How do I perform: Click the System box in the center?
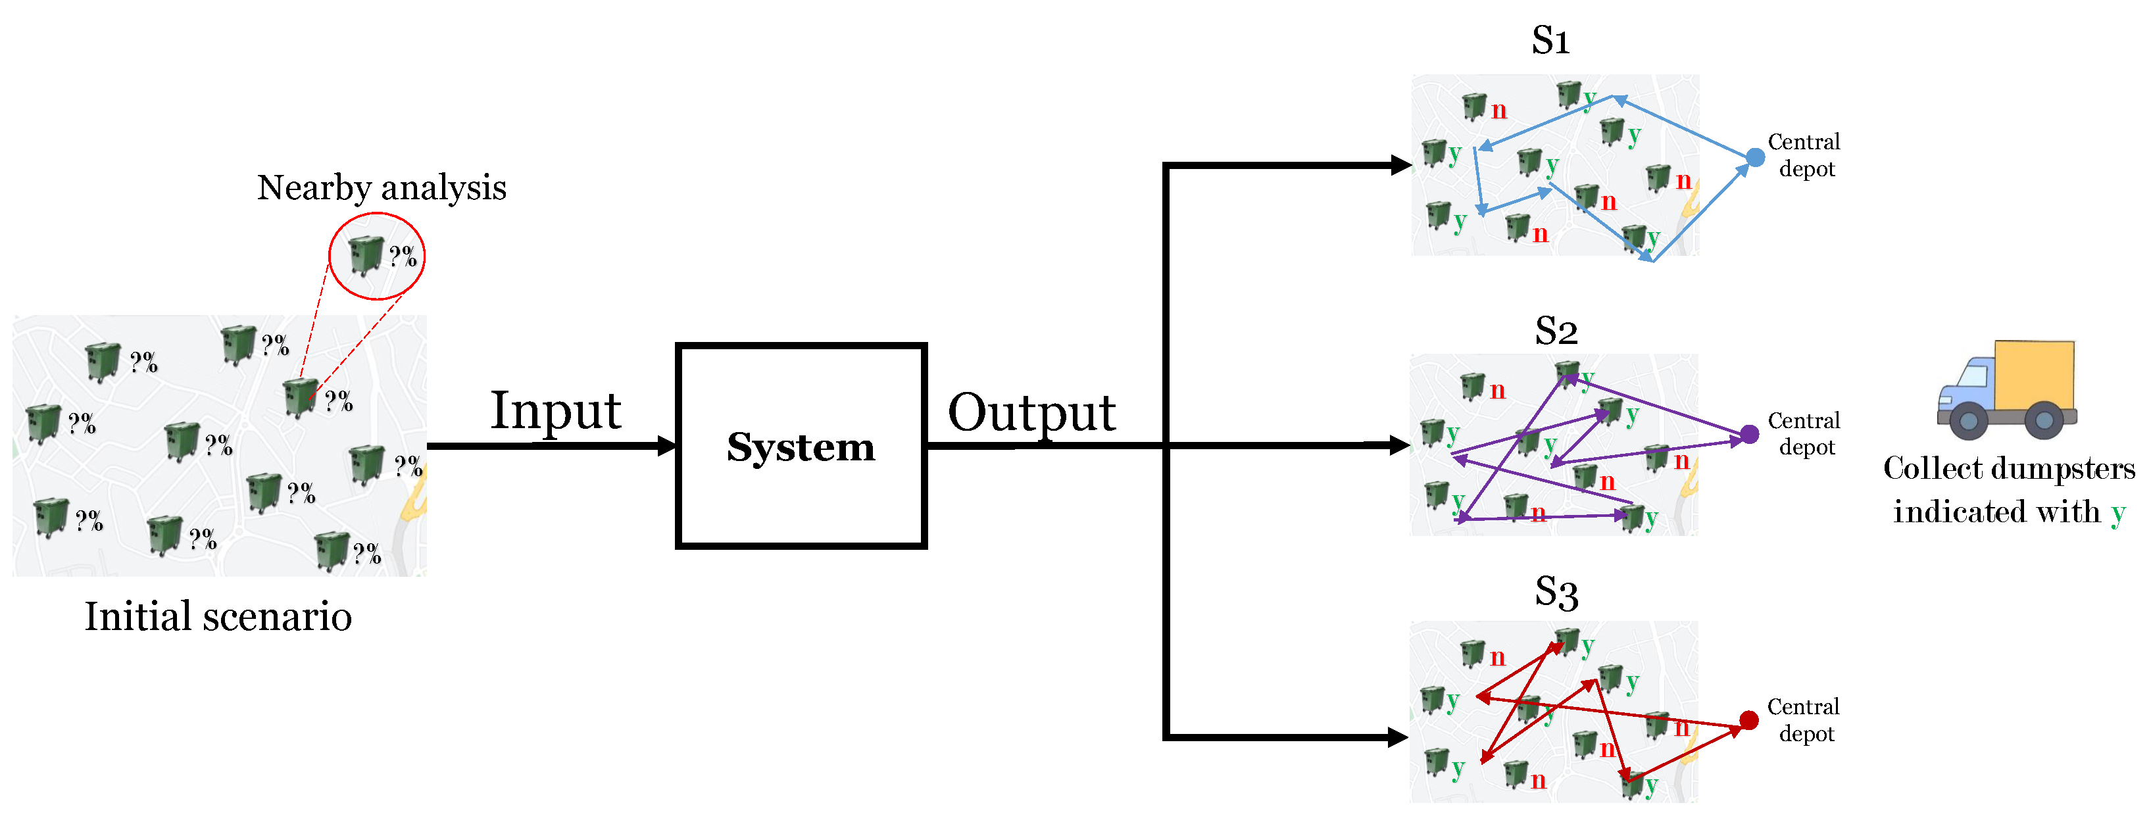pyautogui.click(x=801, y=446)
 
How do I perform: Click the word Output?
pyautogui.click(x=1031, y=412)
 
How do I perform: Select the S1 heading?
pyautogui.click(x=1550, y=40)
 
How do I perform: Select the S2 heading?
pyautogui.click(x=1556, y=331)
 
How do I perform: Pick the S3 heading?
pyautogui.click(x=1556, y=593)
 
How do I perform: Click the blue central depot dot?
pyautogui.click(x=1755, y=157)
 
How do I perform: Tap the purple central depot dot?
pyautogui.click(x=1749, y=434)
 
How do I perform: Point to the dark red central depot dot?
pyautogui.click(x=1748, y=719)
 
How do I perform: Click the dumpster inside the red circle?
pyautogui.click(x=365, y=255)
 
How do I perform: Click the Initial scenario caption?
pyautogui.click(x=218, y=617)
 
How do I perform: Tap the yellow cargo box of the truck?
pyautogui.click(x=2034, y=375)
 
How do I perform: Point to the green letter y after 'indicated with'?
pyautogui.click(x=2117, y=514)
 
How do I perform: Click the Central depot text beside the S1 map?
pyautogui.click(x=1804, y=155)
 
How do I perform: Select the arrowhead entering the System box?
pyautogui.click(x=667, y=446)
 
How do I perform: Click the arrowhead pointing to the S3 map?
pyautogui.click(x=1398, y=736)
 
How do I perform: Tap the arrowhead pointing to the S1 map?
pyautogui.click(x=1400, y=165)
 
